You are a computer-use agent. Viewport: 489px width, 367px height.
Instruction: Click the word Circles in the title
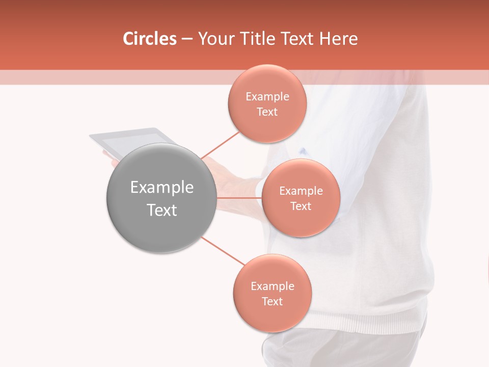[x=149, y=38]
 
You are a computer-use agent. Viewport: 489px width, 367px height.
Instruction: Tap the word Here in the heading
[x=338, y=38]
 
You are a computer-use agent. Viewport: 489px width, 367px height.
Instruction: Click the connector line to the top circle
[x=220, y=145]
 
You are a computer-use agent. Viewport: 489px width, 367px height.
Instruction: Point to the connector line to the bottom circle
[x=223, y=251]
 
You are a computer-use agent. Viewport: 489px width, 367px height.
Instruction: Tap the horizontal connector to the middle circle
[x=238, y=198]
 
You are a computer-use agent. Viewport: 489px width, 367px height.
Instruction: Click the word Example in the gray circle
[x=162, y=188]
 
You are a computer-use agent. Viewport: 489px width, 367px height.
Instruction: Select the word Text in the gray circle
[x=162, y=210]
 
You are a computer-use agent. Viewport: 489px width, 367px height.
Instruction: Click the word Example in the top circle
[x=267, y=97]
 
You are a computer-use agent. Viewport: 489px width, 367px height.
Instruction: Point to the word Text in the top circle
[x=267, y=112]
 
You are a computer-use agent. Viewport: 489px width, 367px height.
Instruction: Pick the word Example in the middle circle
[x=301, y=191]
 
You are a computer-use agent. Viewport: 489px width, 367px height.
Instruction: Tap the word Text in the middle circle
[x=301, y=206]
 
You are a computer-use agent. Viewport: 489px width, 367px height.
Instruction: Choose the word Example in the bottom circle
[x=273, y=286]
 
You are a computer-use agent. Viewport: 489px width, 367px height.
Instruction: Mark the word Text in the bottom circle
[x=272, y=302]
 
